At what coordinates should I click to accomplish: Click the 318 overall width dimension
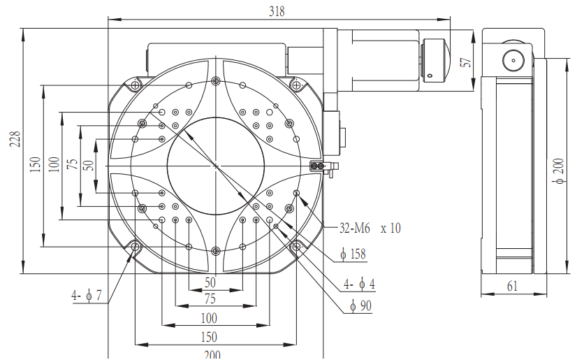277,11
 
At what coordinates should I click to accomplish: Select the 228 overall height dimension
15,139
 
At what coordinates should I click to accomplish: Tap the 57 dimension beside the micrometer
466,62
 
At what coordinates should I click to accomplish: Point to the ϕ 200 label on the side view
559,171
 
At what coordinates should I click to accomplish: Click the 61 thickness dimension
512,286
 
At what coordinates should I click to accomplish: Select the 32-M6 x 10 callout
370,228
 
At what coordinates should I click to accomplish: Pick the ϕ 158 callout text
353,254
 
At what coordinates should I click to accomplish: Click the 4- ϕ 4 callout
359,284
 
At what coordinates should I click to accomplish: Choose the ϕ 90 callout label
361,305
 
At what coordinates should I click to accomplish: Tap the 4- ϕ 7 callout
86,295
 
